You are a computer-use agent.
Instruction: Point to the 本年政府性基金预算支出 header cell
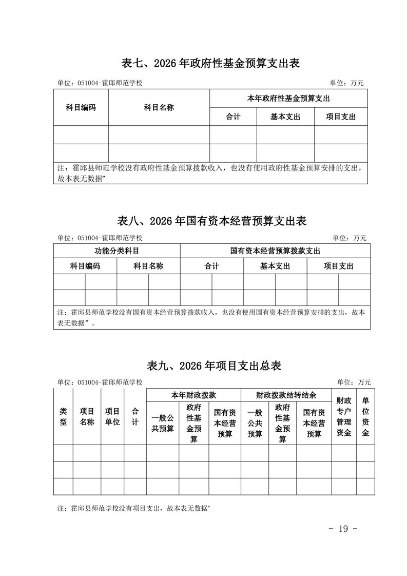(x=288, y=99)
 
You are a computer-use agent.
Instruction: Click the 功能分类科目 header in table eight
(x=117, y=251)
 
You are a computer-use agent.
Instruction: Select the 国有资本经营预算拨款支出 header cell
(x=275, y=251)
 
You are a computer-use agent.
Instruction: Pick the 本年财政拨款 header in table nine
(x=193, y=396)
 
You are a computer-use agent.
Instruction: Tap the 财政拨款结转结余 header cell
(x=286, y=396)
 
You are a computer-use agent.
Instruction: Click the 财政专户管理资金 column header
(x=343, y=416)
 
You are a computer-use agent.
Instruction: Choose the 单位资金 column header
(x=365, y=416)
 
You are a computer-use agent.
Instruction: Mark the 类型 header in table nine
(x=63, y=416)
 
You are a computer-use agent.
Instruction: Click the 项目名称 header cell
(x=87, y=416)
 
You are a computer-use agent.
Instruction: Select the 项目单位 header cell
(x=112, y=416)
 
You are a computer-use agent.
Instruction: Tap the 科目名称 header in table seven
(x=159, y=107)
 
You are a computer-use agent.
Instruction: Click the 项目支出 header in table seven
(x=341, y=117)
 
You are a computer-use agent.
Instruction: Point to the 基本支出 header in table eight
(x=275, y=266)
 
